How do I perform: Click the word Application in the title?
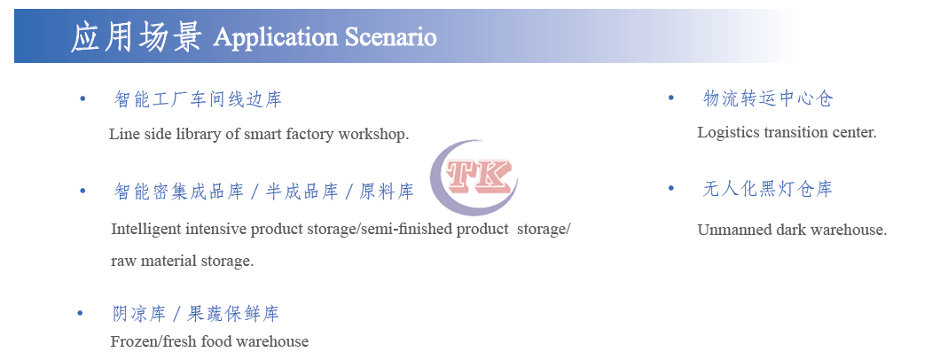[x=276, y=38]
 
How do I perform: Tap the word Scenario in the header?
[x=390, y=37]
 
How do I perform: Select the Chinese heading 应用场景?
[x=136, y=36]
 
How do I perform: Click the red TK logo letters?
[x=479, y=176]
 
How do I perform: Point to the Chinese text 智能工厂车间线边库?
[x=198, y=99]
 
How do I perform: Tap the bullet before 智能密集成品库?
[x=82, y=192]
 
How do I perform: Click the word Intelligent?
[x=146, y=231]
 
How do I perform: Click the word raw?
[x=123, y=262]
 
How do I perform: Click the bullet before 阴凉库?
[x=81, y=314]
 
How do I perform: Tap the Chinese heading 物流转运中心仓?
[x=768, y=98]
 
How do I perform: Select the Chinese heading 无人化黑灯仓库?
[x=768, y=190]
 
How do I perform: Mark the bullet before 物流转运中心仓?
[x=671, y=98]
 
